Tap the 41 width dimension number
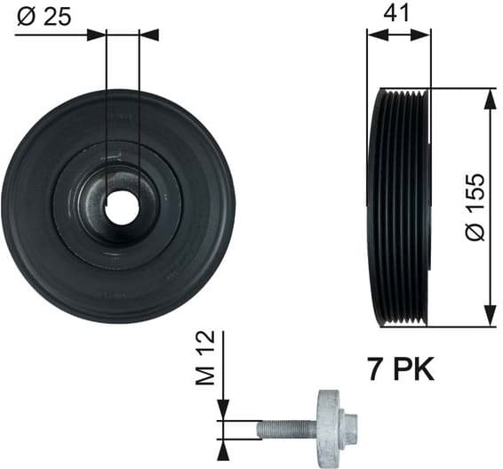(x=398, y=14)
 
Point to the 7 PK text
(x=400, y=368)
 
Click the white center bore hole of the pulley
(x=122, y=208)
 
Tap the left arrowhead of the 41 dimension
(x=375, y=35)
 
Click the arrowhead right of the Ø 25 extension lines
(x=149, y=35)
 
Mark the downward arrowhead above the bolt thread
(x=223, y=410)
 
